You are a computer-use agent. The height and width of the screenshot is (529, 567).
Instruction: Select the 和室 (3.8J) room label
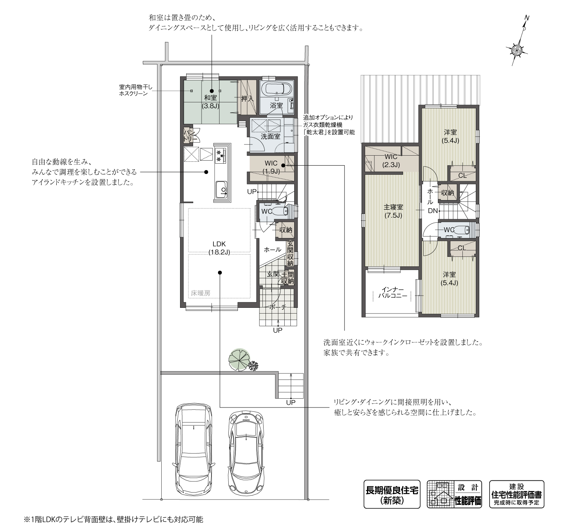(x=210, y=102)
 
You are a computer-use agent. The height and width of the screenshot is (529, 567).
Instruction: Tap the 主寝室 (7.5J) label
(x=393, y=211)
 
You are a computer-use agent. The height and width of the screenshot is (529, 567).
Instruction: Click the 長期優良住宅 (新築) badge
(x=392, y=495)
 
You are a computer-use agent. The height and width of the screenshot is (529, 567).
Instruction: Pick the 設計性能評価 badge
(x=454, y=495)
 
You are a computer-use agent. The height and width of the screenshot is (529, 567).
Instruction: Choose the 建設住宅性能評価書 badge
(x=516, y=495)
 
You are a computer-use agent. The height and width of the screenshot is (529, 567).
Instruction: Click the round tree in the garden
(x=239, y=360)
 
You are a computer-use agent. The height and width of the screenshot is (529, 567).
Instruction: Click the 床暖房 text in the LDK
(x=201, y=293)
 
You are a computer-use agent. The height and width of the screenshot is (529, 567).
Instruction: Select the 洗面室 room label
(x=270, y=136)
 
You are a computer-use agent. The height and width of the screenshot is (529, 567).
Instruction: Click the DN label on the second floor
(x=433, y=211)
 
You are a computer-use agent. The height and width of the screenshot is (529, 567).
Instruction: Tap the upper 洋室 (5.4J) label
(x=451, y=136)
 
